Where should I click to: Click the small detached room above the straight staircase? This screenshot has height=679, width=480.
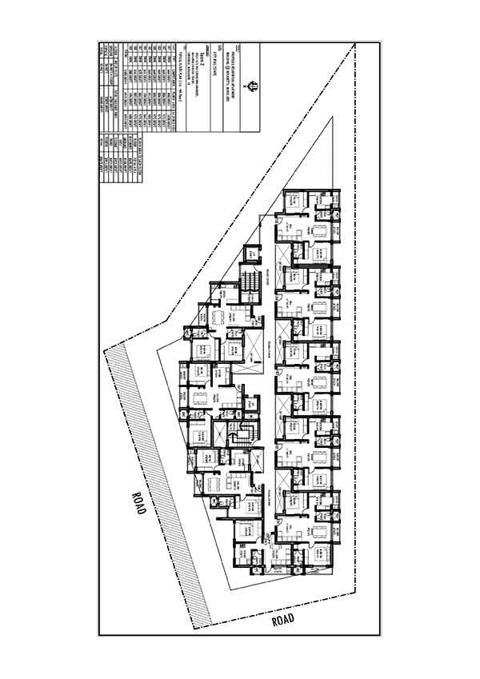(x=252, y=252)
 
